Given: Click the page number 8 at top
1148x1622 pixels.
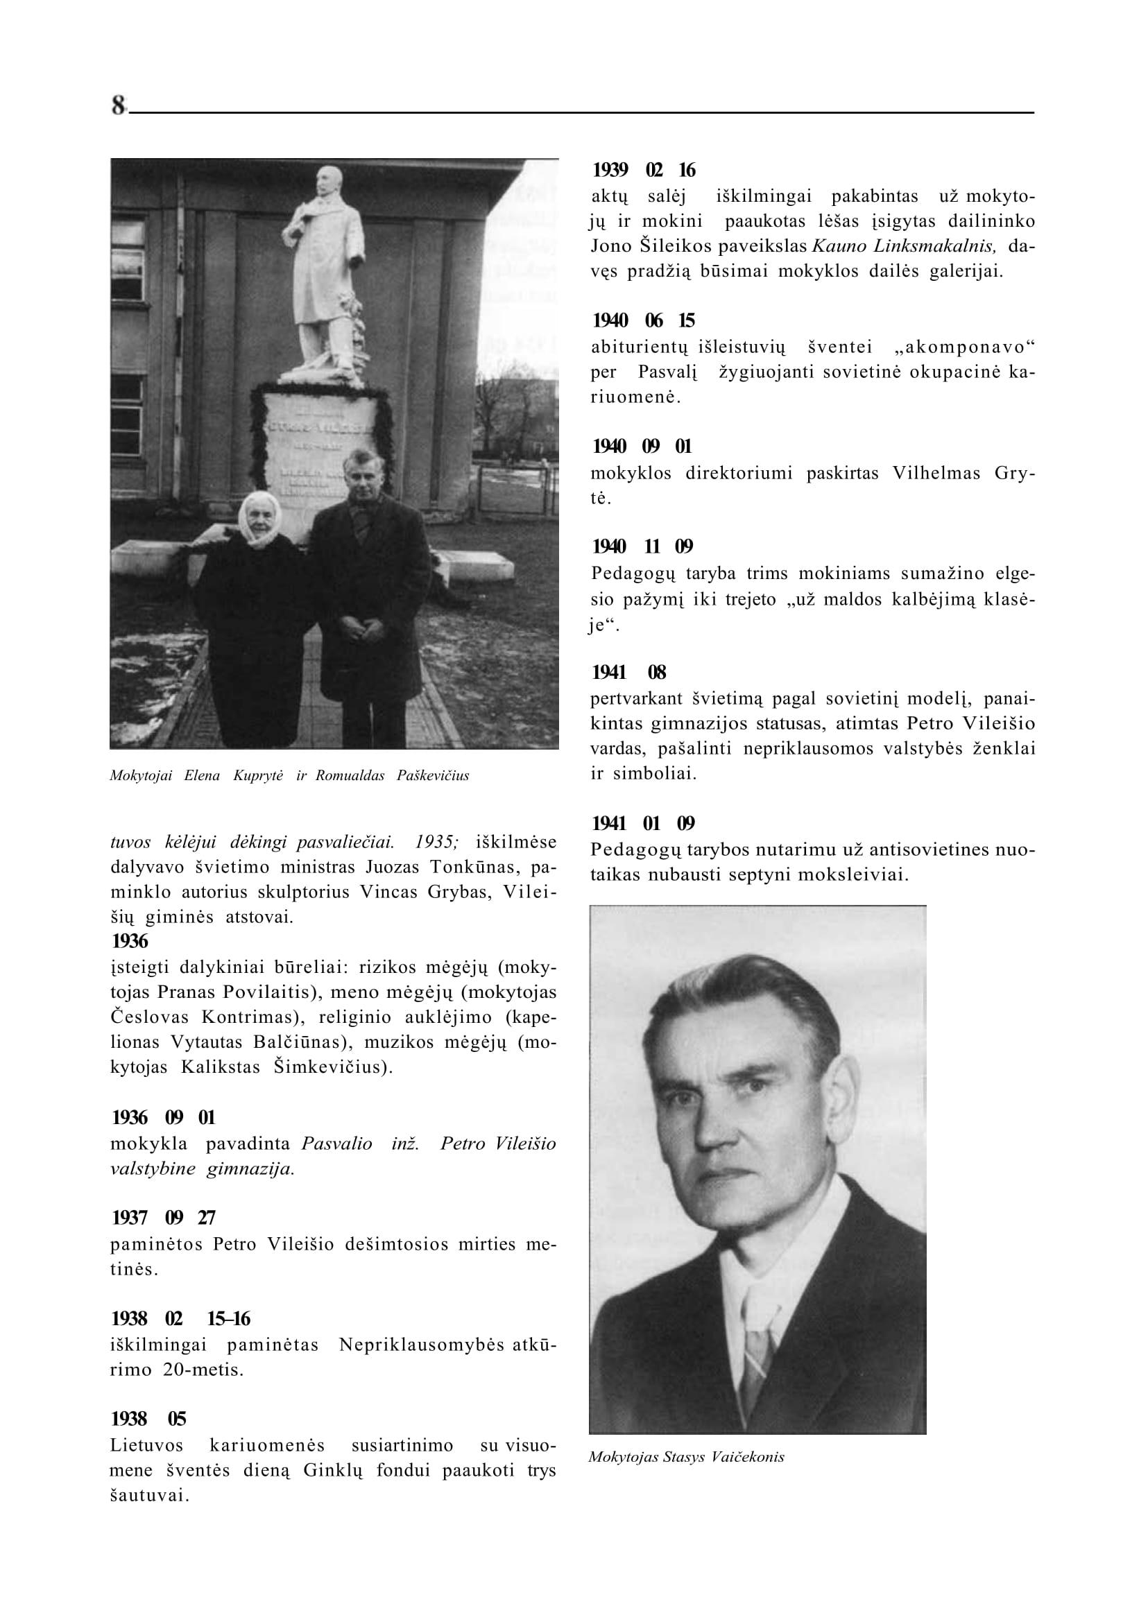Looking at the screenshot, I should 117,105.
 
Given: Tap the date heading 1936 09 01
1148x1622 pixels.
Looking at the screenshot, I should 163,1117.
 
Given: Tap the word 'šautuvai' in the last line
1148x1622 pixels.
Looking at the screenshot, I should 149,1496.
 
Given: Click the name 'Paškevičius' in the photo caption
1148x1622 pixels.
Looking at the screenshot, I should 433,776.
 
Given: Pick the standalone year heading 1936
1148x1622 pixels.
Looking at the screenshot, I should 130,942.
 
